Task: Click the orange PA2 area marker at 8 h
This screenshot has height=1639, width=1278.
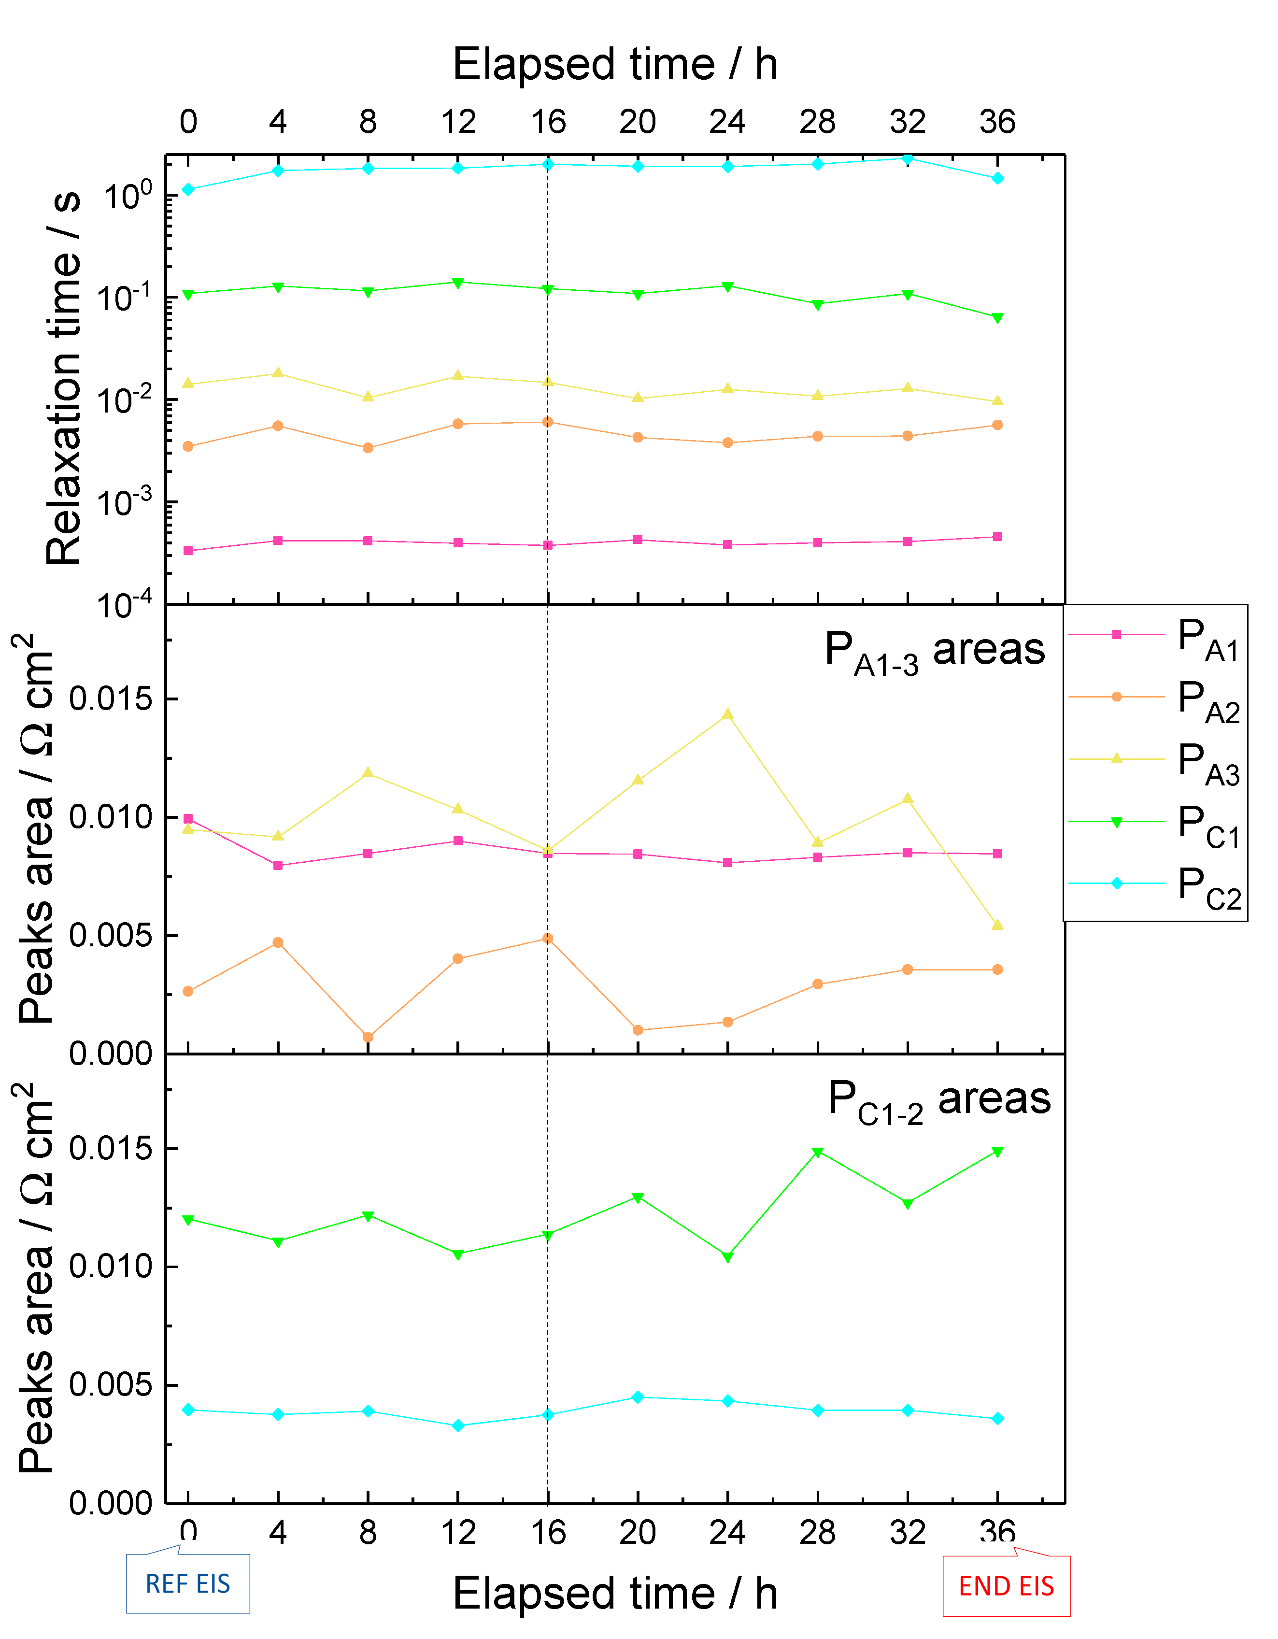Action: [x=368, y=1037]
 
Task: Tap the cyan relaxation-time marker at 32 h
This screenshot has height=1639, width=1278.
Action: [x=907, y=158]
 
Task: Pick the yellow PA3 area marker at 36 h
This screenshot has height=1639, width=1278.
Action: [x=997, y=926]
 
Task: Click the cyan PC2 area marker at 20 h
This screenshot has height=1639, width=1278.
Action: [x=638, y=1397]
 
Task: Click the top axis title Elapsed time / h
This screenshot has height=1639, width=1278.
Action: [x=615, y=65]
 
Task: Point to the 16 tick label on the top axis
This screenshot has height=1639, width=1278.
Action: [x=548, y=122]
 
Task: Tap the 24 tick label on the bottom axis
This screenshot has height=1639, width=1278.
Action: [x=727, y=1532]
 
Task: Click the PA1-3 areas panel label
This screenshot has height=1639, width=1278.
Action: [x=934, y=650]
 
